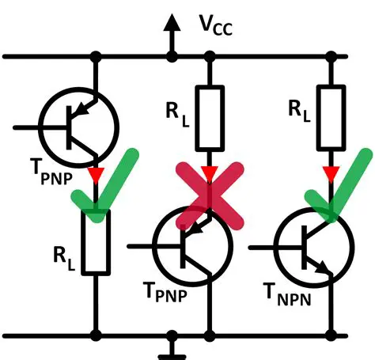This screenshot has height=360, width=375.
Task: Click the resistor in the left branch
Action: coord(96,241)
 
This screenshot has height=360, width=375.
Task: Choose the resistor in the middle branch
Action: coord(210,119)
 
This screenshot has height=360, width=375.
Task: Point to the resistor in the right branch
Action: coord(331,119)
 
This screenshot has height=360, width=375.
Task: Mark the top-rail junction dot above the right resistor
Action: coord(331,56)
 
